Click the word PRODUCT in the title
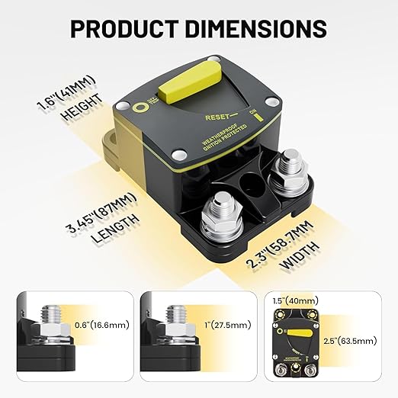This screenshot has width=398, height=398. tap(123, 29)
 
